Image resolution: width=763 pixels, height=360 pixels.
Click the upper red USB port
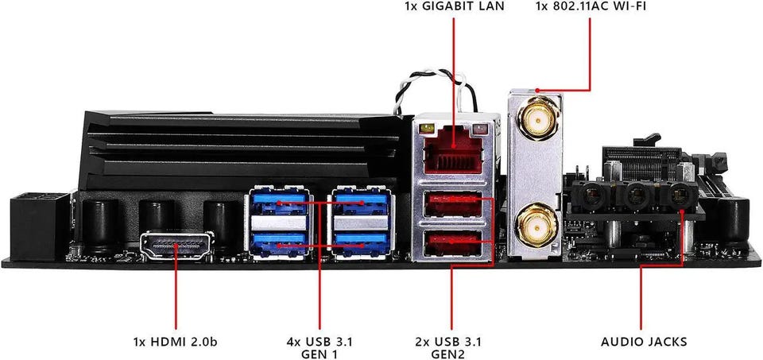coord(454,206)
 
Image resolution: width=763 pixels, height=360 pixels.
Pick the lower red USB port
coord(454,242)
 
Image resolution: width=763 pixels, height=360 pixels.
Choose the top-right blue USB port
coord(360,202)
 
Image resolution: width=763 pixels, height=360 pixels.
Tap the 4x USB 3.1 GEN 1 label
coord(319,348)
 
